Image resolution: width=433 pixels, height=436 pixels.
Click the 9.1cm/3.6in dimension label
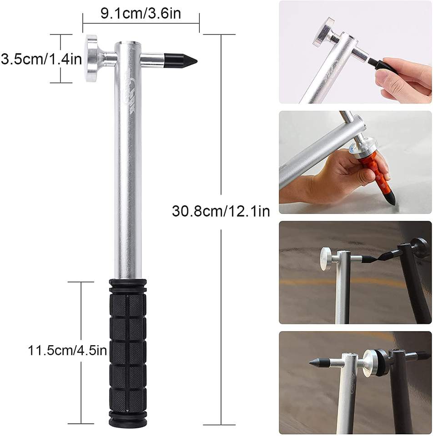click(x=141, y=13)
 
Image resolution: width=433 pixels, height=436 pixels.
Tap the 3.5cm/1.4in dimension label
click(x=41, y=59)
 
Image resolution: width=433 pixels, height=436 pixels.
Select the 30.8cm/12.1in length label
click(x=221, y=211)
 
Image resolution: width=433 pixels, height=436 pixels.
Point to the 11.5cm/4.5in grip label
click(x=67, y=350)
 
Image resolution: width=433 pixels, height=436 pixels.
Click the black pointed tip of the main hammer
click(x=181, y=60)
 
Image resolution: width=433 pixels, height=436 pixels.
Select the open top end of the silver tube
click(x=128, y=44)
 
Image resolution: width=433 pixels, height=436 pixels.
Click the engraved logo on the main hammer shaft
click(x=129, y=92)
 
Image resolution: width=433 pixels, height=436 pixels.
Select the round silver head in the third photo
click(x=326, y=258)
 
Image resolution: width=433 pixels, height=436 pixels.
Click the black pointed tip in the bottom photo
click(x=319, y=362)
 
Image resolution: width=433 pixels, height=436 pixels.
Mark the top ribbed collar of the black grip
click(x=127, y=286)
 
